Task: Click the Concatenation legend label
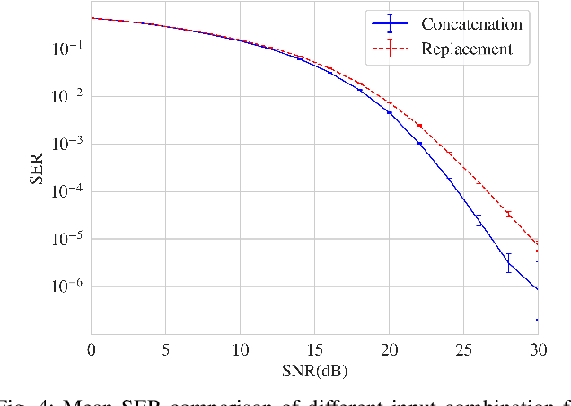pyautogui.click(x=471, y=23)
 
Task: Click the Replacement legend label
pyautogui.click(x=467, y=49)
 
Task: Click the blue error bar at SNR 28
pyautogui.click(x=508, y=262)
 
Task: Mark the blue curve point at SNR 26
pyautogui.click(x=479, y=220)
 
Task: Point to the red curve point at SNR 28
pyautogui.click(x=508, y=214)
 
